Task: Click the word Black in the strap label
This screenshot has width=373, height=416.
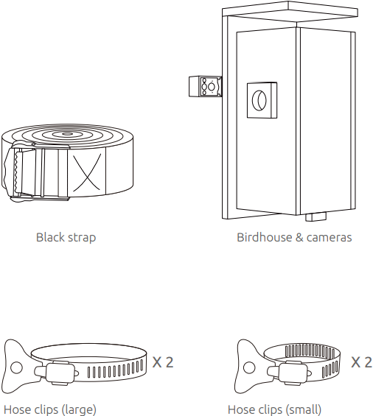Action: [x=50, y=237]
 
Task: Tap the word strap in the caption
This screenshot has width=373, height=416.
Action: [x=81, y=238]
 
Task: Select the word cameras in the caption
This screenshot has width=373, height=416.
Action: [x=329, y=238]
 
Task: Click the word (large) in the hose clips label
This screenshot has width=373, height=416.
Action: [x=79, y=410]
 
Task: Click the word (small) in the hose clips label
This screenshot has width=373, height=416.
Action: [x=303, y=410]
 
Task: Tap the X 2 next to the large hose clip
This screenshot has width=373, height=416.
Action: [x=163, y=362]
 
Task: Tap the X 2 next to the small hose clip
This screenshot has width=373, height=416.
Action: [x=362, y=362]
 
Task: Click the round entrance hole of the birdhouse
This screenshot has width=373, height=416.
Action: [x=259, y=100]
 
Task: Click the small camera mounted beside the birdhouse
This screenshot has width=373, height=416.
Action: [x=205, y=86]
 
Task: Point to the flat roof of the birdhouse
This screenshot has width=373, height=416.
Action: [x=290, y=11]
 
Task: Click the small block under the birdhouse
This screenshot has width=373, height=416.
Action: [x=316, y=216]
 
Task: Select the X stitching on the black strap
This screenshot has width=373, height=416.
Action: [x=87, y=172]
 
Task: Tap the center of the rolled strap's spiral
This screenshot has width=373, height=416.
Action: [x=66, y=134]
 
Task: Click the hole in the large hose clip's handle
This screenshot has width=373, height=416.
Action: [x=16, y=367]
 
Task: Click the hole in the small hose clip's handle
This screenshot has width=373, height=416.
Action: [x=249, y=367]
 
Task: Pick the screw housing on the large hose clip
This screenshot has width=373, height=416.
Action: [x=60, y=373]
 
